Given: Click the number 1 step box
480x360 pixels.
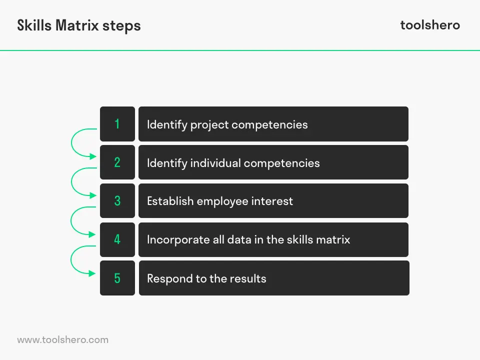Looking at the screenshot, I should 117,124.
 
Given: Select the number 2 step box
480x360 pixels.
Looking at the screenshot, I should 117,162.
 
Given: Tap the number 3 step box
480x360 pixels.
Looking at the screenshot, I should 117,201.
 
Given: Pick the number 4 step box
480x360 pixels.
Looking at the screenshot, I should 117,239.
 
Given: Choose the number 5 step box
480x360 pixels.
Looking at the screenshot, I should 117,278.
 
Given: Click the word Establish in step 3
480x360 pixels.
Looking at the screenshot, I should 170,201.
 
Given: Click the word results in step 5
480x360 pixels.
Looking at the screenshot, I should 248,278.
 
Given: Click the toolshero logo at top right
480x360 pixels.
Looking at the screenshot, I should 430,25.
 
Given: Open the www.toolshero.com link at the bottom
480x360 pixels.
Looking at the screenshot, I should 62,340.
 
